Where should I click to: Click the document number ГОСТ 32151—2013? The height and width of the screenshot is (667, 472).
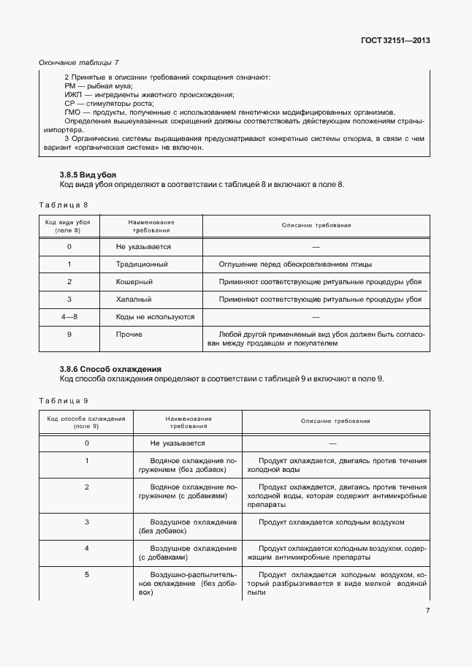[395, 41]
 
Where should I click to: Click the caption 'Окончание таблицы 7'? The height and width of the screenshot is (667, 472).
[78, 64]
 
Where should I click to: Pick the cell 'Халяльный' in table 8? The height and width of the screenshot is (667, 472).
[134, 300]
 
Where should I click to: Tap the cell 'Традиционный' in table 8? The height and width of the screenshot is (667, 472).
[142, 264]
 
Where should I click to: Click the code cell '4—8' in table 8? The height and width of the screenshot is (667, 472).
[69, 317]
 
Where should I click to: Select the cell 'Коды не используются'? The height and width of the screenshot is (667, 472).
[155, 317]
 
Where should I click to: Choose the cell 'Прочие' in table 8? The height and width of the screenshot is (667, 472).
[129, 335]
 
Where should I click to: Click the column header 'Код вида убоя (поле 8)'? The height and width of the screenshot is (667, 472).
[68, 225]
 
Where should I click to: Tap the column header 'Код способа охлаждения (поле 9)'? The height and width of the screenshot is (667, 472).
[86, 422]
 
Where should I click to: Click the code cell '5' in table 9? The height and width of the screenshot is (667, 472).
[86, 575]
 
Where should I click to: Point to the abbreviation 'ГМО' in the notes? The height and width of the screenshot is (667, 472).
[73, 113]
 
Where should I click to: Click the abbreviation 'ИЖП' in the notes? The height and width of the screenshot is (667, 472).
[74, 95]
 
